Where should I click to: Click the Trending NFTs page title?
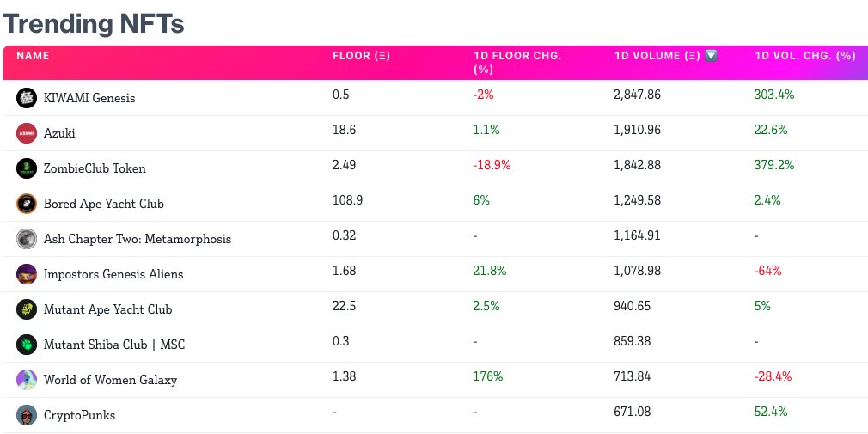(x=94, y=23)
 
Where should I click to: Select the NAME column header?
(x=34, y=56)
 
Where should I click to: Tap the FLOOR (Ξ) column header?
(x=361, y=56)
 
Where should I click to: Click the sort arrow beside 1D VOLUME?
(x=711, y=56)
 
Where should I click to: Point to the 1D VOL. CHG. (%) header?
(x=804, y=56)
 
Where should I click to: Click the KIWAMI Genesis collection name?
(x=89, y=98)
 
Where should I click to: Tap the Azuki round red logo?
(x=27, y=133)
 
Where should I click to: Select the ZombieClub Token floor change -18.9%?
(x=492, y=165)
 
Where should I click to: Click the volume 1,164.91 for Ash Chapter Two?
(x=637, y=235)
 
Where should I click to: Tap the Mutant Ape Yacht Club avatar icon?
(x=27, y=309)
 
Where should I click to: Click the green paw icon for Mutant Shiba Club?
(x=27, y=345)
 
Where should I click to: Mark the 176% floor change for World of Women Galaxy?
(x=487, y=376)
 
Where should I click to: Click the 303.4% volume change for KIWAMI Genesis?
(x=773, y=95)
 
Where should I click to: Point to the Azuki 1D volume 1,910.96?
(x=637, y=130)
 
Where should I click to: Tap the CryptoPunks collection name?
(x=79, y=415)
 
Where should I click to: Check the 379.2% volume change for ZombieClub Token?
(x=773, y=165)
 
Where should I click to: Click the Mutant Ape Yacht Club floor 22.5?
(x=345, y=306)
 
